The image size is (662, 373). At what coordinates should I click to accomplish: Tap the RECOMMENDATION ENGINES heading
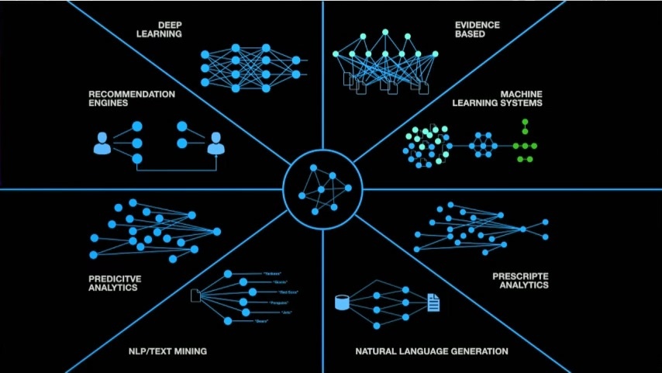point(121,98)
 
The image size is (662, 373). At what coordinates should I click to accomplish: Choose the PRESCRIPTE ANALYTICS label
point(520,281)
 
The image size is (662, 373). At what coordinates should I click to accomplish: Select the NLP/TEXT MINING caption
point(167,351)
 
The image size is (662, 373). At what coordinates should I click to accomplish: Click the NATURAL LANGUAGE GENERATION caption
point(432,351)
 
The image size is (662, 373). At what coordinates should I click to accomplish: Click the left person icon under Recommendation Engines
point(102,143)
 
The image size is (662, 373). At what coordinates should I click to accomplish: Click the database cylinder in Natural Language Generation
point(341,302)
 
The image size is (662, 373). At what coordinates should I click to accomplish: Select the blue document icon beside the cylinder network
point(433,302)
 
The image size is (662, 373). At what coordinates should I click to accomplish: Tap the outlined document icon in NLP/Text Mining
point(195,295)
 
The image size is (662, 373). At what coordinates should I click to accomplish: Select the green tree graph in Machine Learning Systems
point(525,142)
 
